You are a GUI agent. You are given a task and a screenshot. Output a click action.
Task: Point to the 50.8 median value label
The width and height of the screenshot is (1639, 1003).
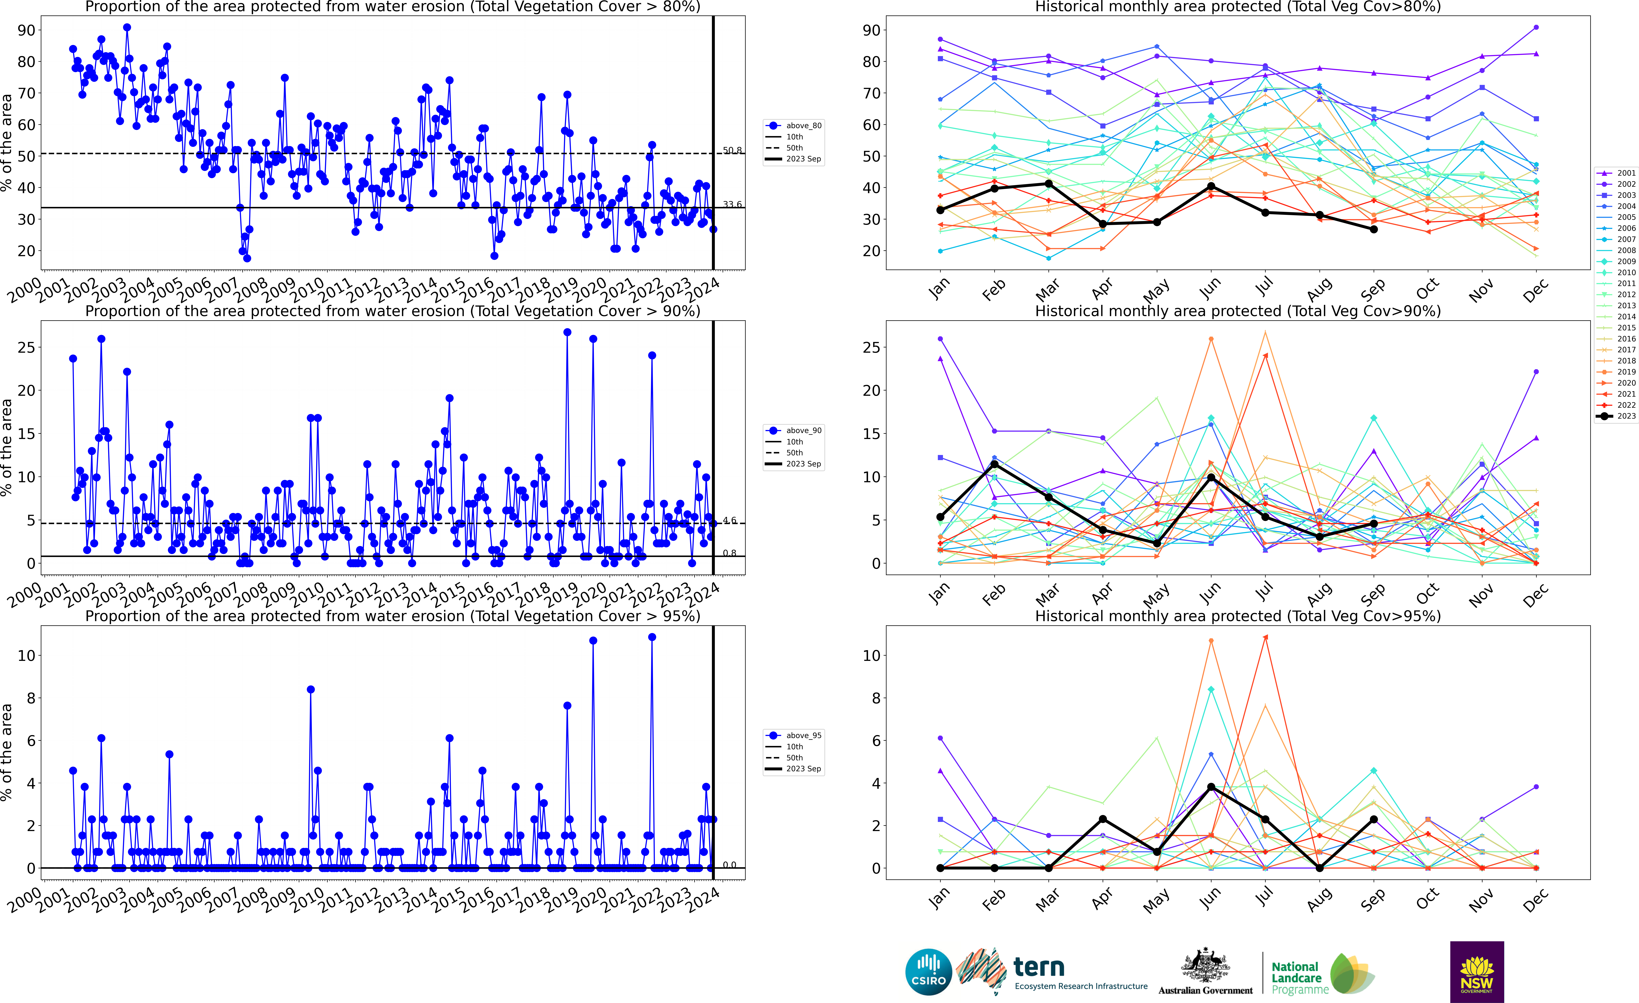[x=732, y=150]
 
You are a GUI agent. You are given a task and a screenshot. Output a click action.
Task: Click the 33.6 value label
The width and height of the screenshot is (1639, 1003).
[x=732, y=204]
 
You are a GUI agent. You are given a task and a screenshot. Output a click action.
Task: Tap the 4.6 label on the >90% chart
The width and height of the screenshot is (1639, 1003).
[x=730, y=521]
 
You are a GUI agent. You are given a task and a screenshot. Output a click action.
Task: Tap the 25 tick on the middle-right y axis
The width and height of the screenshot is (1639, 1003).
[x=871, y=348]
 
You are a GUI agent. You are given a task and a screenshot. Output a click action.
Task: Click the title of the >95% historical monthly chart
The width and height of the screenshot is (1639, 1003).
[x=1238, y=616]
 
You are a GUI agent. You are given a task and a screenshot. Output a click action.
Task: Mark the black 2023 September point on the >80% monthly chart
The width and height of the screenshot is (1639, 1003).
[x=1374, y=229]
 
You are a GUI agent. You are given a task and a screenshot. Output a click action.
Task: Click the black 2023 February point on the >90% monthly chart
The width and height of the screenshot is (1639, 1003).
[x=994, y=464]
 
